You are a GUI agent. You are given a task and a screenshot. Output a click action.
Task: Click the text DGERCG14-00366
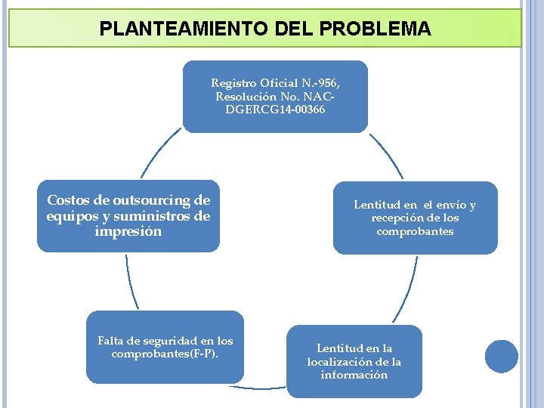275,110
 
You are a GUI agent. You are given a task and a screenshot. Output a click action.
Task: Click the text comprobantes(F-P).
165,354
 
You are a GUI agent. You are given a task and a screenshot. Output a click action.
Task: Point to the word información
354,375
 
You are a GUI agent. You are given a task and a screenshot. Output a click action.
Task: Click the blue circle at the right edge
502,356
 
